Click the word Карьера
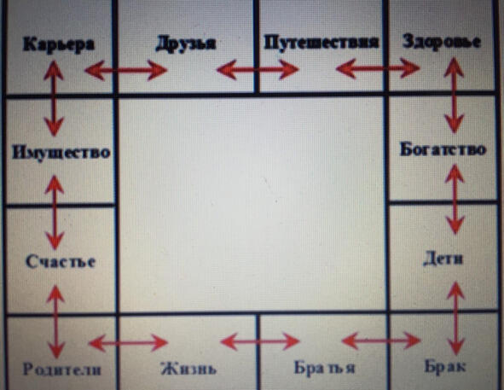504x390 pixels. pyautogui.click(x=59, y=44)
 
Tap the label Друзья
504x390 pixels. pyautogui.click(x=186, y=44)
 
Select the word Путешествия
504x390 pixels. pyautogui.click(x=322, y=43)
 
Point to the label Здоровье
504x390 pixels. pyautogui.click(x=442, y=42)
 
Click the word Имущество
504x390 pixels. pyautogui.click(x=61, y=152)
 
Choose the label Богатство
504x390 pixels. pyautogui.click(x=443, y=149)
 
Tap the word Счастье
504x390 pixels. pyautogui.click(x=61, y=261)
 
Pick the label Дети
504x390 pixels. pyautogui.click(x=443, y=259)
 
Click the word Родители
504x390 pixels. pyautogui.click(x=61, y=370)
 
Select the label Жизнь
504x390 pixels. pyautogui.click(x=188, y=369)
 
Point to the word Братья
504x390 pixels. pyautogui.click(x=324, y=367)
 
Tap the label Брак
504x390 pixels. pyautogui.click(x=445, y=366)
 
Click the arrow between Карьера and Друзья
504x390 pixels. pyautogui.click(x=126, y=70)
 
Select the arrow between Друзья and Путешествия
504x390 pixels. pyautogui.click(x=258, y=69)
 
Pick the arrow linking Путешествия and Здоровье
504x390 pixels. pyautogui.click(x=378, y=68)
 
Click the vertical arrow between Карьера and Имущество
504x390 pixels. pyautogui.click(x=54, y=98)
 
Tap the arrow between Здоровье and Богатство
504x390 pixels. pyautogui.click(x=454, y=95)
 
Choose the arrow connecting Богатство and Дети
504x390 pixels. pyautogui.click(x=455, y=199)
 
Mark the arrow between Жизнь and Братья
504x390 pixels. pyautogui.click(x=260, y=341)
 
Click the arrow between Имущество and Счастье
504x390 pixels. pyautogui.click(x=55, y=212)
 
